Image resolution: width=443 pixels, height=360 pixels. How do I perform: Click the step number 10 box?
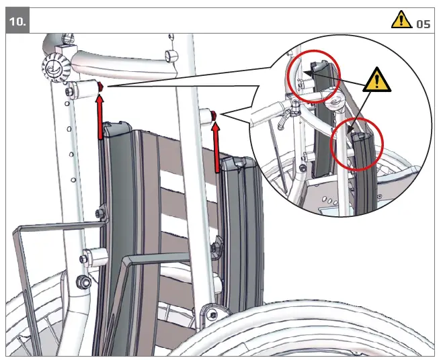(19, 21)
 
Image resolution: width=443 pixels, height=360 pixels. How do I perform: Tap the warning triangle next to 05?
(401, 20)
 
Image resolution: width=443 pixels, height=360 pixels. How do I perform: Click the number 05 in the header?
(423, 24)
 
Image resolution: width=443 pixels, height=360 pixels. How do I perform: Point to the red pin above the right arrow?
(214, 116)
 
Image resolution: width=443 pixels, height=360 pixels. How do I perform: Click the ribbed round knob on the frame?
(54, 67)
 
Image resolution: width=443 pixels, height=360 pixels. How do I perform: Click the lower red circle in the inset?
(357, 144)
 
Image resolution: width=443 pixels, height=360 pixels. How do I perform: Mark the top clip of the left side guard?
(115, 126)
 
